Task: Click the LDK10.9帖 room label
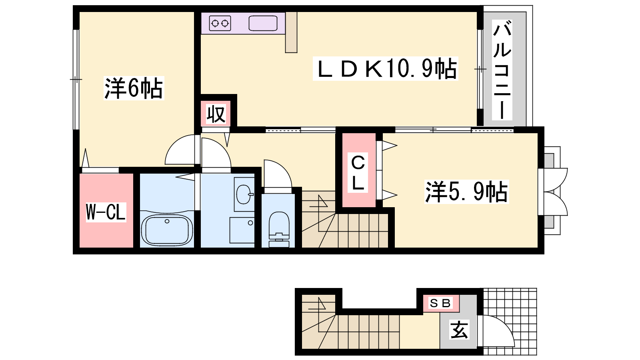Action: pos(386,68)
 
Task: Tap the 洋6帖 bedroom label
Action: pos(134,88)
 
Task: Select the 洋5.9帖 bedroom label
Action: pos(466,192)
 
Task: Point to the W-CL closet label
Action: pos(106,212)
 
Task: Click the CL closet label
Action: pos(358,173)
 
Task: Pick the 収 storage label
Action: pos(216,114)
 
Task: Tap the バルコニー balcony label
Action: pos(502,70)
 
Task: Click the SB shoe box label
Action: pos(440,303)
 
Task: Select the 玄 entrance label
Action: pos(459,330)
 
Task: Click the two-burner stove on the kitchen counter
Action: pos(220,23)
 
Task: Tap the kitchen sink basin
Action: pos(263,23)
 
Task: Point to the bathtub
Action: pos(167,230)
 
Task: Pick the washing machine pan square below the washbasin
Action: pos(242,230)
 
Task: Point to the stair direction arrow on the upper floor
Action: pos(318,202)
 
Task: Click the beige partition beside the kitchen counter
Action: pos(291,32)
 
